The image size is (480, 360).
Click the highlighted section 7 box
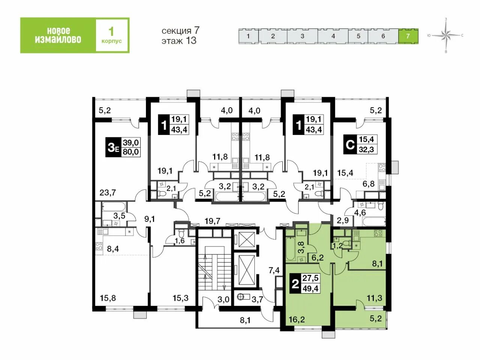click(x=408, y=36)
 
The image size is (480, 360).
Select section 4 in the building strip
click(x=333, y=36)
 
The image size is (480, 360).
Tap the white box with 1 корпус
click(x=112, y=35)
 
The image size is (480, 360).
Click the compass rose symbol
click(x=446, y=35)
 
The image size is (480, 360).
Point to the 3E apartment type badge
click(x=113, y=147)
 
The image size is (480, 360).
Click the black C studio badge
click(x=350, y=144)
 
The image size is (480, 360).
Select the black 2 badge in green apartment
click(x=295, y=284)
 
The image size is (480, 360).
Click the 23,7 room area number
click(x=108, y=193)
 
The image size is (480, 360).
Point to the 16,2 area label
click(x=296, y=320)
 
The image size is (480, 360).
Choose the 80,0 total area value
click(x=131, y=152)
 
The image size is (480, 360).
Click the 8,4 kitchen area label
click(x=112, y=249)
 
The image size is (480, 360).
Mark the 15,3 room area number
click(x=180, y=298)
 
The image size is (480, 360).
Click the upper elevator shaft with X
click(x=245, y=239)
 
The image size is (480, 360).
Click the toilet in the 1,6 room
click(x=181, y=234)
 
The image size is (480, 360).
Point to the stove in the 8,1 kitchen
click(x=378, y=233)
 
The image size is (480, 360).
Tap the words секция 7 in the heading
click(x=180, y=30)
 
